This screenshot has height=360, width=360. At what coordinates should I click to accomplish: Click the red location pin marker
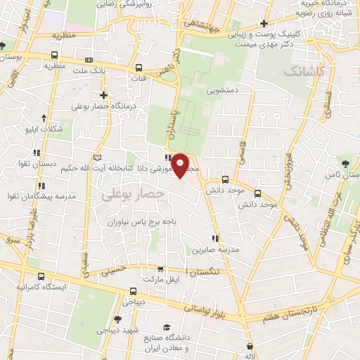[x=181, y=165]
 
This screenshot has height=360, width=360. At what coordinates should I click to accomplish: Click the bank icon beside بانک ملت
[x=88, y=60]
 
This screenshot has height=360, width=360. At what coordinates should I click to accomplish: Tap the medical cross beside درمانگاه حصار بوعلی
[x=103, y=94]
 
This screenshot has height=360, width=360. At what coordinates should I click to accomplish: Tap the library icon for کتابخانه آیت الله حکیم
[x=97, y=155]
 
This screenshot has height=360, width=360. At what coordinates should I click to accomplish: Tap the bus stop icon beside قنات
[x=139, y=69]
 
